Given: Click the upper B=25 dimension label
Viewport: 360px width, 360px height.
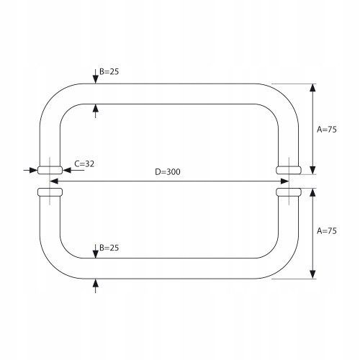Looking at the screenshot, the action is click(x=109, y=71).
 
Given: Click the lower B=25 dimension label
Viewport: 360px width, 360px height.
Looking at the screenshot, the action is click(x=109, y=248).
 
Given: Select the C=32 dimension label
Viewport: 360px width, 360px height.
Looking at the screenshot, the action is click(x=84, y=164).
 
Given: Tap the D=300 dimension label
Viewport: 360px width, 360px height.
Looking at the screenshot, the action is click(x=168, y=172).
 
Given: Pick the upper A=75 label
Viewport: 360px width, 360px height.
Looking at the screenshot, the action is click(x=327, y=130).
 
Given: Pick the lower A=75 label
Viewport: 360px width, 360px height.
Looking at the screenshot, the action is click(x=327, y=231).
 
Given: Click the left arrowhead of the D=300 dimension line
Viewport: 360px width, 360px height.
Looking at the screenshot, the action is click(x=54, y=181).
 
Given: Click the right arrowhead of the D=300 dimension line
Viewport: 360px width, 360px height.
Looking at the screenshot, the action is click(x=284, y=181).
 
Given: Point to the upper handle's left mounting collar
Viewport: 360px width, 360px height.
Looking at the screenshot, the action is click(x=50, y=170).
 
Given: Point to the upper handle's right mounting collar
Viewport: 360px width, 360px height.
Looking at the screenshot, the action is click(x=289, y=170).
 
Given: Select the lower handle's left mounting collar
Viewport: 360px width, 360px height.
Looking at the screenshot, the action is click(x=50, y=192).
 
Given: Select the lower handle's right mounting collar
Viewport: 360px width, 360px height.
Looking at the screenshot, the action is click(x=289, y=192).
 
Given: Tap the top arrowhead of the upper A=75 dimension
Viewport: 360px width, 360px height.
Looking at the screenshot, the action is click(x=312, y=88).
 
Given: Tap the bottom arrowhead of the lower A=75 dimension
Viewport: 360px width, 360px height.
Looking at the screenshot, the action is click(x=312, y=274).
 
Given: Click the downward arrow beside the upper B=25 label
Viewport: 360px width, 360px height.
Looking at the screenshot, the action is click(x=96, y=76).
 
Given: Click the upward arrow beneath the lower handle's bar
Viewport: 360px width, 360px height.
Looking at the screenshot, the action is click(x=96, y=286).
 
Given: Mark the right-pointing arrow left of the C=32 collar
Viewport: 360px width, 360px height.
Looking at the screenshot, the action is click(x=30, y=170).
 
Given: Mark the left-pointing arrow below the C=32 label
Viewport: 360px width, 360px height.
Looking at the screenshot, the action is click(x=73, y=170).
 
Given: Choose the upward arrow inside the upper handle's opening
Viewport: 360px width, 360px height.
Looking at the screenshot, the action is click(x=96, y=111).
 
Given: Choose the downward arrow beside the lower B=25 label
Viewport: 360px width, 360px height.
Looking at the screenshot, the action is click(x=96, y=251).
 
